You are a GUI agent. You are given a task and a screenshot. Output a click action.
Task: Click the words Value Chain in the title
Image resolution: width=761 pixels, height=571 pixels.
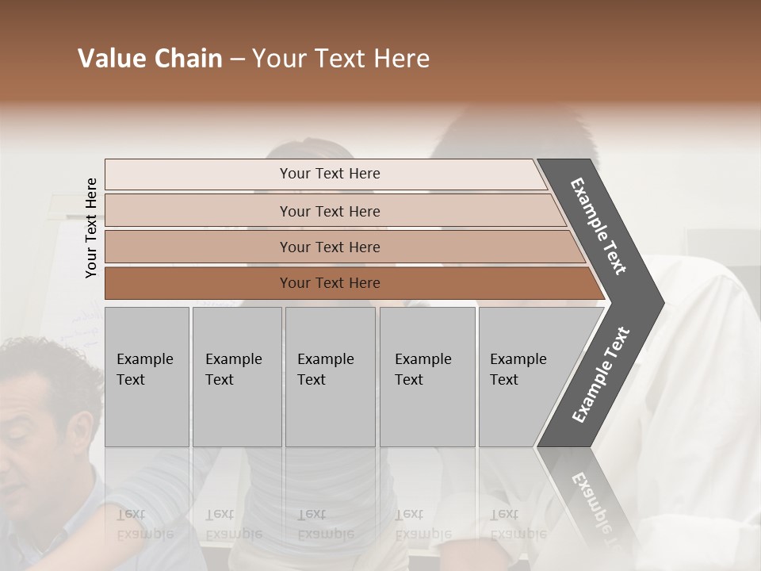(x=150, y=59)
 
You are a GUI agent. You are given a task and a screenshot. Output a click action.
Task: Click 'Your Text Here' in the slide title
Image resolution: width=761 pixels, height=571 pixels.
(x=341, y=59)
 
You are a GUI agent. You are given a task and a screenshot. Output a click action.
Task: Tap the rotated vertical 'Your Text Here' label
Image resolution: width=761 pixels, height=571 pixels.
(x=91, y=228)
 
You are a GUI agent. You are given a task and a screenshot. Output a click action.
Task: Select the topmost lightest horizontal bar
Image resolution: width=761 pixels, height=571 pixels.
(x=198, y=174)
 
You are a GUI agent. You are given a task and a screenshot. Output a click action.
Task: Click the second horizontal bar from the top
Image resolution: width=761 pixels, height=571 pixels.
(x=198, y=211)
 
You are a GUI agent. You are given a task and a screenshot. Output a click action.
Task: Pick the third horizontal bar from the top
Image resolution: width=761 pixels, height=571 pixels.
(x=198, y=247)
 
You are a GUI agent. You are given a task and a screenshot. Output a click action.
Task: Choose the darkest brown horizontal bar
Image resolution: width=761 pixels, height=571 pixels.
(x=198, y=283)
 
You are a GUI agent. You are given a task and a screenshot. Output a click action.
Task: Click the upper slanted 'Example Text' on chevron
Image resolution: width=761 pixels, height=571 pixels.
(x=598, y=226)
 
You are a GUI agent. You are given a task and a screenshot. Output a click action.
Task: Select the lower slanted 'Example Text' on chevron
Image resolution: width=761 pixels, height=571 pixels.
(x=601, y=374)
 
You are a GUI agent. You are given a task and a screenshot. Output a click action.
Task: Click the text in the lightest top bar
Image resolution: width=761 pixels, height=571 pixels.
(x=330, y=174)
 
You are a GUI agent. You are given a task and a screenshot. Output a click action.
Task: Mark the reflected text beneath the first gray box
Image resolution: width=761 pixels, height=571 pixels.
(x=144, y=524)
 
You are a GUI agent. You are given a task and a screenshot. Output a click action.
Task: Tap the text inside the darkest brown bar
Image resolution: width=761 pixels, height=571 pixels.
(x=330, y=283)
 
